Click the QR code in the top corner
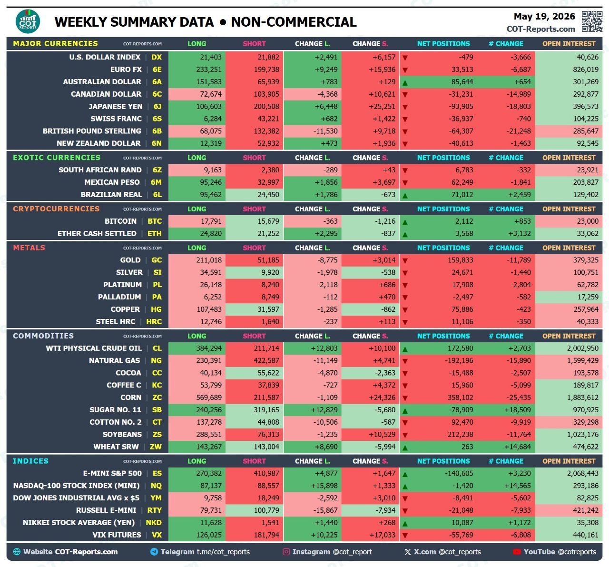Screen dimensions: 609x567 click(x=592, y=21)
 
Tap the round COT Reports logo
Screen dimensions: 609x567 click(x=28, y=21)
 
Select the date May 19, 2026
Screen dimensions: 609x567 click(x=544, y=16)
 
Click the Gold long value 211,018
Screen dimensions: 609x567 click(x=209, y=260)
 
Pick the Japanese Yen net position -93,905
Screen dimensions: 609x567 click(x=461, y=107)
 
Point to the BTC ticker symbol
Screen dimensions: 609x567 click(x=155, y=221)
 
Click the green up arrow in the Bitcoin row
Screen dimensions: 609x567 click(x=405, y=222)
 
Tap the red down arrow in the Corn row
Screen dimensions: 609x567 click(x=405, y=398)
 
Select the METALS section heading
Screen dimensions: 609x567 click(x=29, y=248)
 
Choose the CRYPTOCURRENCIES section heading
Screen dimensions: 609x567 click(x=56, y=209)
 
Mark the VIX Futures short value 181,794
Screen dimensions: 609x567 click(x=266, y=535)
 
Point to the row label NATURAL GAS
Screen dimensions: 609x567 click(x=114, y=360)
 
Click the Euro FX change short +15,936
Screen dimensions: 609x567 click(x=382, y=70)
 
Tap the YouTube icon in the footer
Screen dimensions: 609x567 click(x=517, y=552)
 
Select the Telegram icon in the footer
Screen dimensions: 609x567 click(x=154, y=552)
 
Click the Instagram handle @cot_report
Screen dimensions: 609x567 click(x=352, y=552)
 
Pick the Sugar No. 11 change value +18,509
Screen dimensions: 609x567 click(x=518, y=410)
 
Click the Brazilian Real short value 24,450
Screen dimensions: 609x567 click(x=268, y=195)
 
